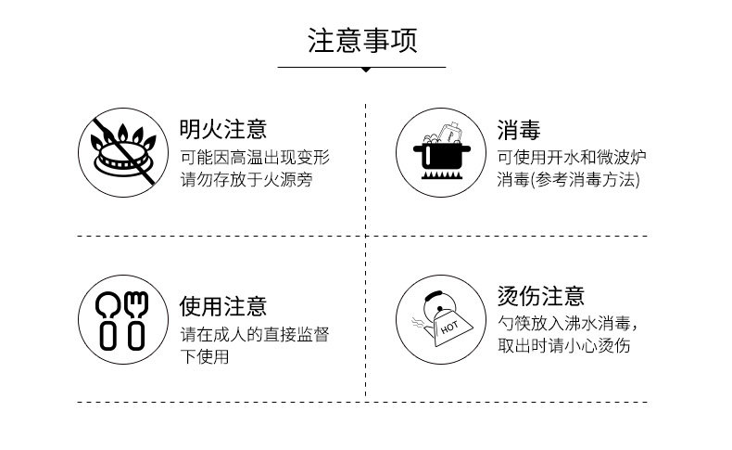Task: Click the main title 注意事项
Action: tap(362, 41)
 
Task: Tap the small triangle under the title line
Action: tap(365, 70)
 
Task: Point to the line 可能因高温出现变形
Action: tap(255, 158)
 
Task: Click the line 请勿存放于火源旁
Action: tap(246, 179)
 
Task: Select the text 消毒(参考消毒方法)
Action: tap(568, 179)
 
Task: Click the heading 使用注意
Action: tap(222, 306)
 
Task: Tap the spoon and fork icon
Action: tap(125, 317)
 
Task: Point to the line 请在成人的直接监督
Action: tap(255, 334)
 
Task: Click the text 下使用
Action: tap(204, 355)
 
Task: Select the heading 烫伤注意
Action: tap(540, 297)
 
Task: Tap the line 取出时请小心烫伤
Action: tap(563, 346)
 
